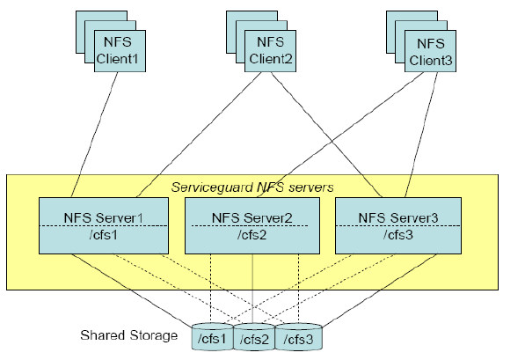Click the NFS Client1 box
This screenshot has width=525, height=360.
point(120,51)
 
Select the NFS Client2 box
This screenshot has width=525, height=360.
point(270,51)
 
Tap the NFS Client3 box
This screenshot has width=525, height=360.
point(430,51)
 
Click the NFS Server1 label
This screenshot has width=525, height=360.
point(104,218)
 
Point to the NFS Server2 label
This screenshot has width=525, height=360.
point(252,218)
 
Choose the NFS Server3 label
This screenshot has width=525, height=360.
point(398,218)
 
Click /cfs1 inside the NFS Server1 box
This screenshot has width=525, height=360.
point(104,235)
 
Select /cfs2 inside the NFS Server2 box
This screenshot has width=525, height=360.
point(252,235)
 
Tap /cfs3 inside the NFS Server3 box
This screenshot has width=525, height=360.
point(398,235)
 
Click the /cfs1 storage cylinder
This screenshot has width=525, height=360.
point(212,336)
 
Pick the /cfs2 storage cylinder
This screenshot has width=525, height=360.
point(254,337)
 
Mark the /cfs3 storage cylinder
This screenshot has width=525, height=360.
point(298,337)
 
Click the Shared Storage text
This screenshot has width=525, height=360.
point(129,335)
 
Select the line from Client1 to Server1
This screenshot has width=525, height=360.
point(94,135)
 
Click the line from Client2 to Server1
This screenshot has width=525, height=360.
point(199,135)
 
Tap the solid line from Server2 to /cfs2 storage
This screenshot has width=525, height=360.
point(252,289)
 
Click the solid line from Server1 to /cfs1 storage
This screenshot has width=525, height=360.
point(132,290)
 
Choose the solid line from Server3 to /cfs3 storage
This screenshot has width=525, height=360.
point(380,290)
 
